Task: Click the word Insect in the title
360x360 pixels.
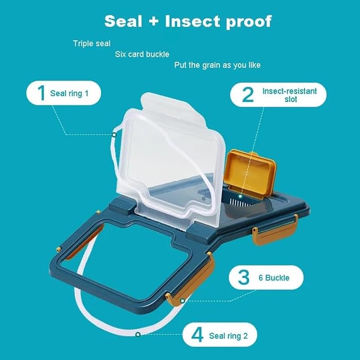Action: (x=193, y=21)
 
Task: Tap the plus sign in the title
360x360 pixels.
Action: (x=154, y=21)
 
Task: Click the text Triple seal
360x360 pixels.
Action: (x=92, y=43)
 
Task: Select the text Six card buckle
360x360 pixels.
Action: (x=142, y=54)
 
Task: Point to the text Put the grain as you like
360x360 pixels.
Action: (x=217, y=65)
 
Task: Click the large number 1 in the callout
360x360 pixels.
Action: (x=41, y=93)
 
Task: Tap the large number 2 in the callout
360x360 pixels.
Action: (x=248, y=94)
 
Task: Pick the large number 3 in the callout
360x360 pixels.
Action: (x=243, y=278)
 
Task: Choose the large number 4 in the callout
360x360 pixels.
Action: (x=197, y=335)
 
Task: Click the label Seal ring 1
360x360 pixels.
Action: (x=69, y=93)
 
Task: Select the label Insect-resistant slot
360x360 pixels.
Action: (x=289, y=95)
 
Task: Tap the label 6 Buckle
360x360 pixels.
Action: (x=274, y=278)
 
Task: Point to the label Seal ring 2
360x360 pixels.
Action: (x=228, y=336)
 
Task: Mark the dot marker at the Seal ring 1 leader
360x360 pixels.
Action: (x=114, y=135)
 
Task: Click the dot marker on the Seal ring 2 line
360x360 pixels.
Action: (x=138, y=334)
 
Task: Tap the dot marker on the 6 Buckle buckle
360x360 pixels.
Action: (x=182, y=301)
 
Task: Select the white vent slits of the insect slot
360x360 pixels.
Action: (x=240, y=203)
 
